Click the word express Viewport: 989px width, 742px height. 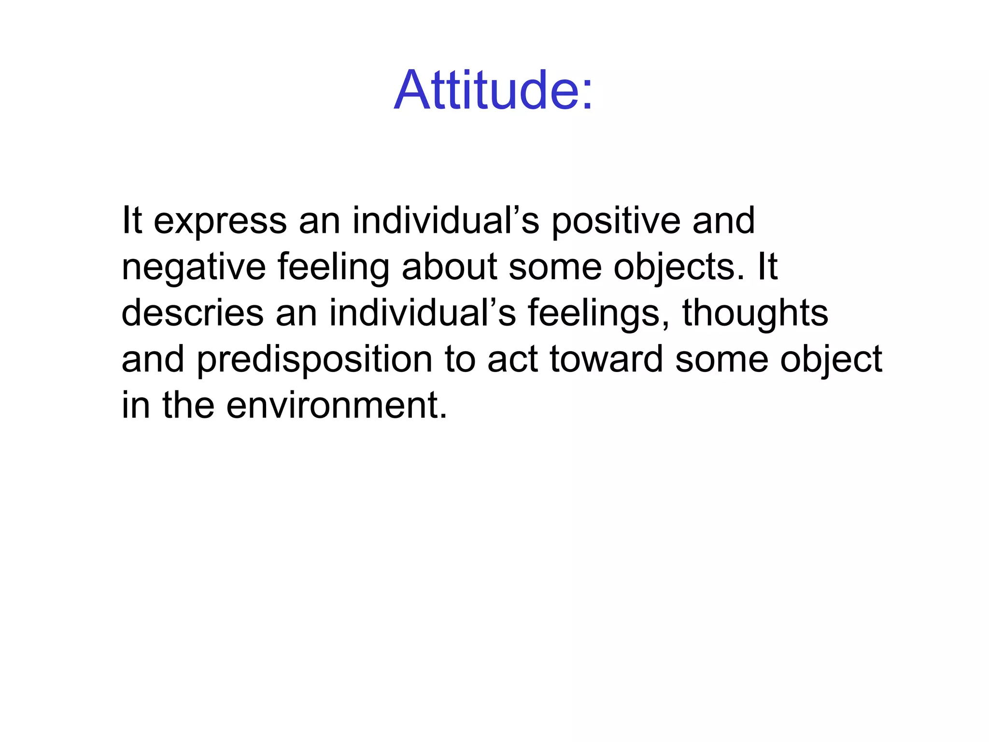pyautogui.click(x=220, y=221)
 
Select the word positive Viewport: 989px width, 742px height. pyautogui.click(x=616, y=221)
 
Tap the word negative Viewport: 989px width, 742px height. pyautogui.click(x=194, y=267)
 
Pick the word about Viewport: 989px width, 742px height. pyautogui.click(x=449, y=267)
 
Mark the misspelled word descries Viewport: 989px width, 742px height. pyautogui.click(x=192, y=313)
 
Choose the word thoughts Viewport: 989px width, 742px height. pyautogui.click(x=755, y=313)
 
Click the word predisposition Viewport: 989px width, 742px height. pyautogui.click(x=314, y=359)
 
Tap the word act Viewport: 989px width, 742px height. pyautogui.click(x=512, y=359)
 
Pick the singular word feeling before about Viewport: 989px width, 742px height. pyautogui.click(x=333, y=267)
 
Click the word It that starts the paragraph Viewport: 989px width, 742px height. pyautogui.click(x=132, y=221)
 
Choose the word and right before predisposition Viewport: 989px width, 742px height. pyautogui.click(x=153, y=359)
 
